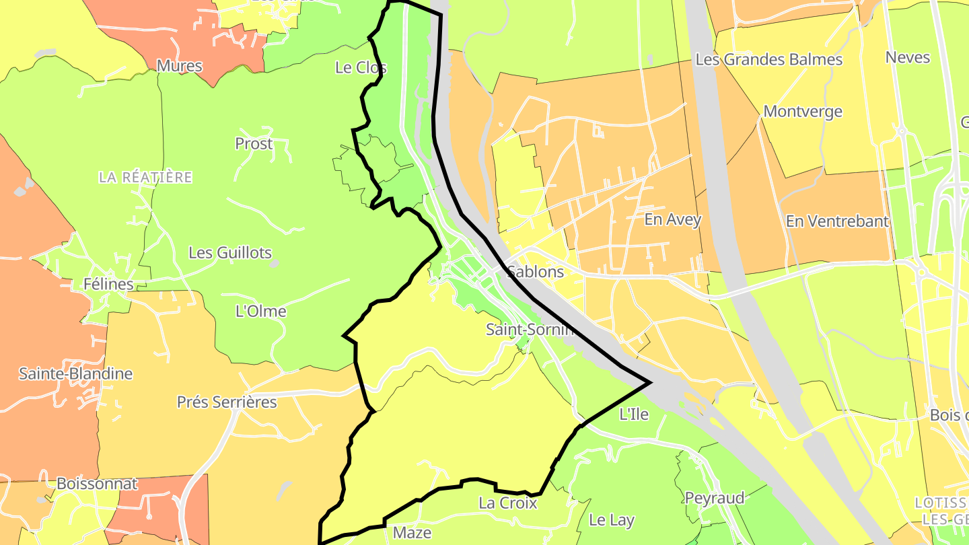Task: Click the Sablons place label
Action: coord(536,272)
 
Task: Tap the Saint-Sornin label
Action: coord(530,330)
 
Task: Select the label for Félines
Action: coord(108,284)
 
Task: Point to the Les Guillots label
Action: coord(230,253)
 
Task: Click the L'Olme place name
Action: coord(261,311)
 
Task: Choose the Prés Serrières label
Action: coord(227,402)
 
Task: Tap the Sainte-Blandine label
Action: coord(75,373)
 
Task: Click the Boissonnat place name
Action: coord(97,483)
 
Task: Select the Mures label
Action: coord(180,66)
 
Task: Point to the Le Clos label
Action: coord(361,67)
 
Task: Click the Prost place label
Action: coord(254,143)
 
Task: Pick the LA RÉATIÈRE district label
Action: coord(145,177)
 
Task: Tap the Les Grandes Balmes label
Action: coord(768,59)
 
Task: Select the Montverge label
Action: coord(803,111)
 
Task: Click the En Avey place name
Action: coord(673,219)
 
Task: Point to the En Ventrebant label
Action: coord(837,221)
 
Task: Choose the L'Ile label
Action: coord(634,414)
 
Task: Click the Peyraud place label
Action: coord(715,498)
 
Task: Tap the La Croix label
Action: coord(508,503)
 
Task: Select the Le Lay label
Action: coord(612,519)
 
